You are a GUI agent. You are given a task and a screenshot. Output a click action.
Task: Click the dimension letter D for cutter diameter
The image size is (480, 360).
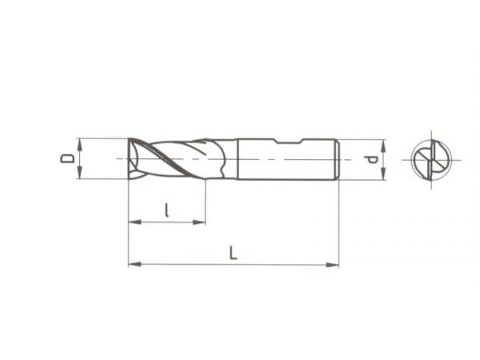[67, 158]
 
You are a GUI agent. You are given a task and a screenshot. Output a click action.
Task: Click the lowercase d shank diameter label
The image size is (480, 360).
[372, 159]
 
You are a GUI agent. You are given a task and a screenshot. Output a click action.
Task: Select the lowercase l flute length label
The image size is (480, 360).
[166, 210]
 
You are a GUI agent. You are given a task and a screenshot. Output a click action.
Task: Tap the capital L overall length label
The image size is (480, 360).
[234, 253]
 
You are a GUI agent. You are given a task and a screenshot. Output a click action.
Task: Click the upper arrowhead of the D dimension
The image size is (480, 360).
[80, 144]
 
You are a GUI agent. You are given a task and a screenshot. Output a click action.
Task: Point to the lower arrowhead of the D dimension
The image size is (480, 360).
[79, 173]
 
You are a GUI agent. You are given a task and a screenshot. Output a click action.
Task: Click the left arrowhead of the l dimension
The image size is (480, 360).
[134, 222]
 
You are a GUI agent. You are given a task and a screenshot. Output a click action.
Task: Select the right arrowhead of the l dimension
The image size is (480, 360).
[199, 222]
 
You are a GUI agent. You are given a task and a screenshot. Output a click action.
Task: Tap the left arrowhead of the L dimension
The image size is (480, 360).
[134, 264]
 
